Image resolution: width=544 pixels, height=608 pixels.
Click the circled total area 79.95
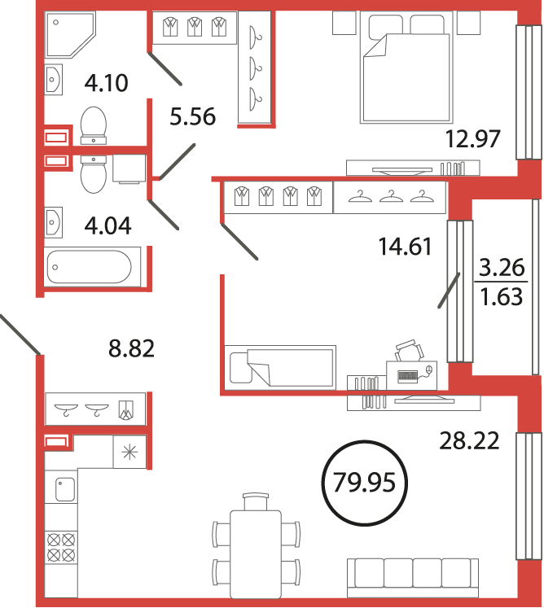(364, 483)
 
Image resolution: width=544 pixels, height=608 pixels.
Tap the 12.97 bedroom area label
(472, 139)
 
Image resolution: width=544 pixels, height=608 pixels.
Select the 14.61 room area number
(405, 247)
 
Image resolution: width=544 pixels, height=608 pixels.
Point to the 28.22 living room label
(469, 441)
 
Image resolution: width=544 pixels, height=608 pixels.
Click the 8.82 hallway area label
(132, 348)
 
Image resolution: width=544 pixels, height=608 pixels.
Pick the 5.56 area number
(192, 116)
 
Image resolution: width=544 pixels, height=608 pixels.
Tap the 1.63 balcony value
(502, 296)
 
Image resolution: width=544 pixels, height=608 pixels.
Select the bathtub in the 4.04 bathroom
(92, 266)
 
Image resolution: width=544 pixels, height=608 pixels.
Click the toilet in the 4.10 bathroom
(93, 125)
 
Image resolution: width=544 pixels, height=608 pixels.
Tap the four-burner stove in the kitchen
(61, 547)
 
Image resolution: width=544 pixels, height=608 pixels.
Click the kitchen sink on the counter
(65, 489)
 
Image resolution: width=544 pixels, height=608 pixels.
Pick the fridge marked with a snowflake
(129, 452)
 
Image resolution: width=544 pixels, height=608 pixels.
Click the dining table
(256, 554)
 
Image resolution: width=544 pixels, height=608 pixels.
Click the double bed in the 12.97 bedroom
(406, 68)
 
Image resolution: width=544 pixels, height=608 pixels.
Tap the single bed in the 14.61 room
(280, 367)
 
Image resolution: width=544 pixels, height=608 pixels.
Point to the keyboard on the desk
(407, 376)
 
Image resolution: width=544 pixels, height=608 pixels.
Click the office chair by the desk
(409, 350)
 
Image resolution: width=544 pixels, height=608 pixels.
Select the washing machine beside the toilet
(129, 168)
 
